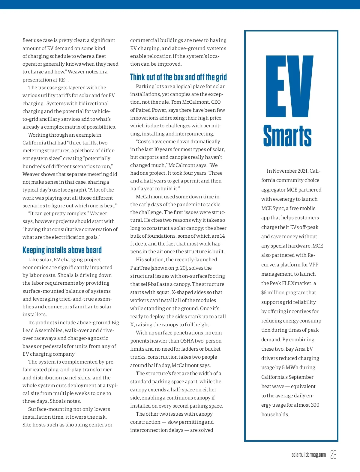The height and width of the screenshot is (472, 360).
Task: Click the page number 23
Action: coord(333,454)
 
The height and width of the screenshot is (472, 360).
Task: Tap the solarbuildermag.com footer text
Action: coord(308,455)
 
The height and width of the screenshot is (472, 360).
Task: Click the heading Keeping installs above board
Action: coord(62,250)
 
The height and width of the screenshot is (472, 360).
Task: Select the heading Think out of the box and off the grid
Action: coord(178,77)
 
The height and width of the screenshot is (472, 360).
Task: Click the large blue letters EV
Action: coord(289,87)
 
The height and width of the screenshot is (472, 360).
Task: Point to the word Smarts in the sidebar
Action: coord(287,136)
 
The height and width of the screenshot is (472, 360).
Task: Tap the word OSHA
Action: coord(187,341)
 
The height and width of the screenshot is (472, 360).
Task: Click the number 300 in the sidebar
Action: coord(315,405)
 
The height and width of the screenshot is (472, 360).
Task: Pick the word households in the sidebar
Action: coord(275,414)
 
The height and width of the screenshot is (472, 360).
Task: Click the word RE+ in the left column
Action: coord(63,80)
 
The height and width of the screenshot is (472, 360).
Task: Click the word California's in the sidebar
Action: coord(287,377)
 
